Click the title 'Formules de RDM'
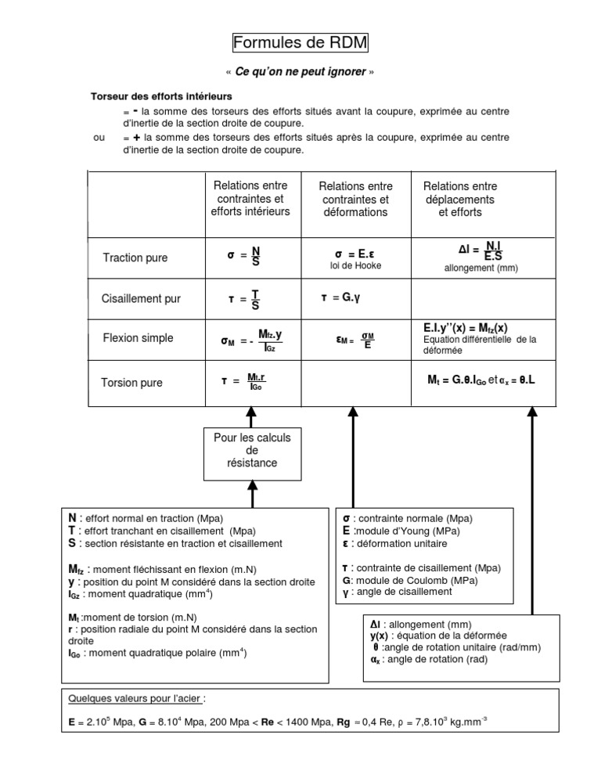[x=300, y=42]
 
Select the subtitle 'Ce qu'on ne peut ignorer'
[x=300, y=72]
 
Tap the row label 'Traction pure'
[x=135, y=258]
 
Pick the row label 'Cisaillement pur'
[x=141, y=298]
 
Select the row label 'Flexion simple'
[x=138, y=338]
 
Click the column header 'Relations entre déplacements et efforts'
[x=460, y=199]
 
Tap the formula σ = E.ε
[x=355, y=254]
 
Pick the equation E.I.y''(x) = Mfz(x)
[x=465, y=326]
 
